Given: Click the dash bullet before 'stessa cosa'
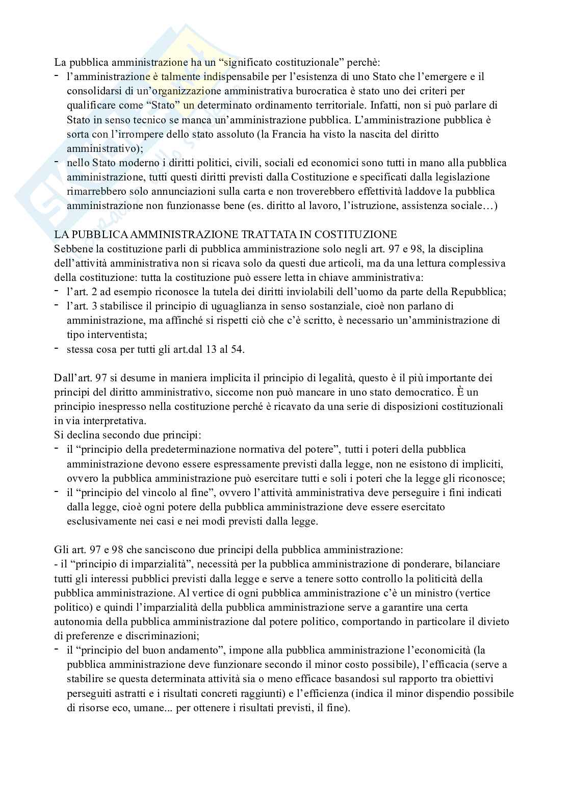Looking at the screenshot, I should [57, 349].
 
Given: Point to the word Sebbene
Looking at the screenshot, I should [71, 249].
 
